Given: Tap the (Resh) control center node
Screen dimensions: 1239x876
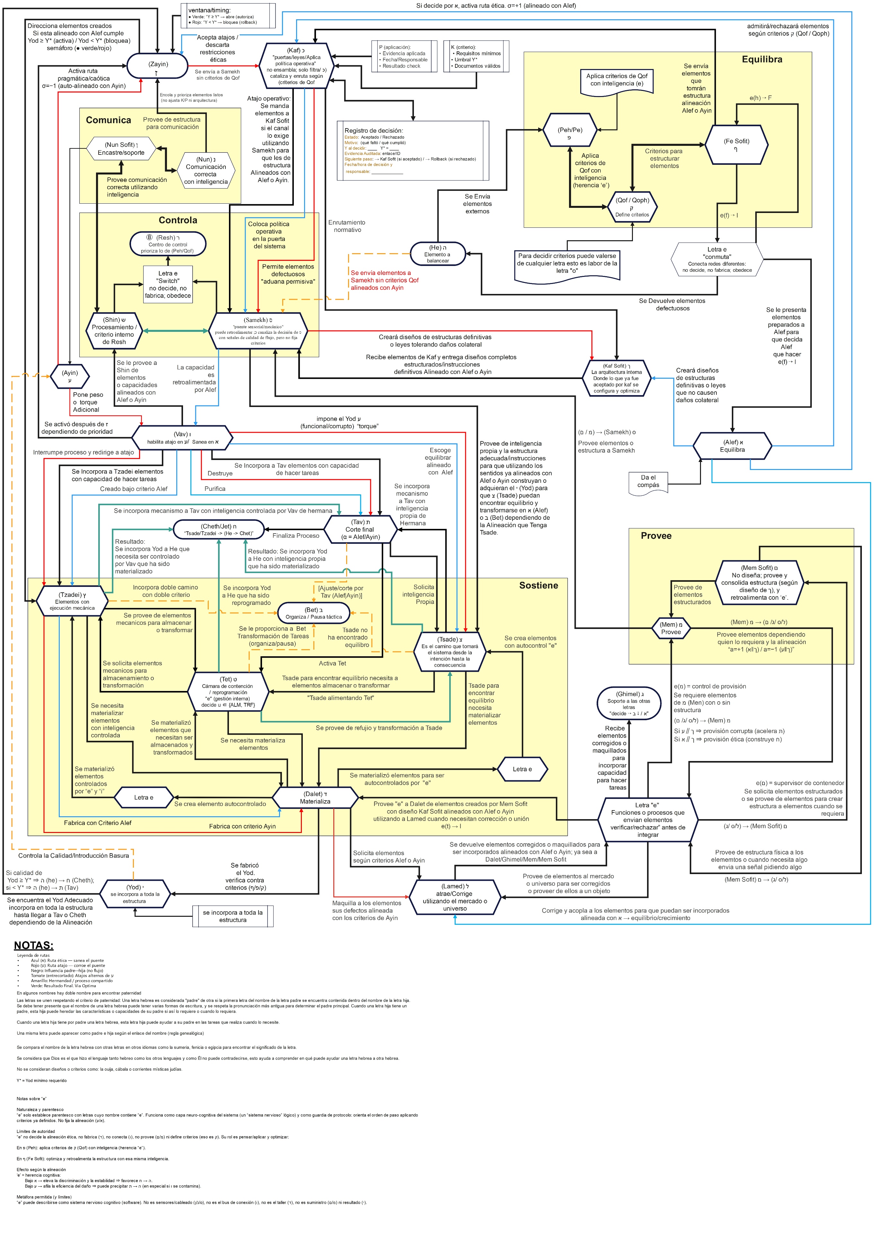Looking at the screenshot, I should [x=168, y=243].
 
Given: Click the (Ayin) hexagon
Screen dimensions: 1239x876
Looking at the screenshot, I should [x=70, y=376].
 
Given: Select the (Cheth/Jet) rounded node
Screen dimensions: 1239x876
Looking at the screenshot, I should [x=218, y=529].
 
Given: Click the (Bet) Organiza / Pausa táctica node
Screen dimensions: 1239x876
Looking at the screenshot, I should [x=313, y=613].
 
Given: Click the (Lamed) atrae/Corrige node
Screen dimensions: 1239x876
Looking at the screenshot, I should [x=455, y=897].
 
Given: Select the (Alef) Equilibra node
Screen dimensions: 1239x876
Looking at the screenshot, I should [x=732, y=446].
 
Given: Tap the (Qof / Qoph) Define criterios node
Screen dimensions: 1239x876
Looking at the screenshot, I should [x=632, y=207].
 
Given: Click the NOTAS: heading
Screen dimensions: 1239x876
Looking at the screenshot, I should [x=33, y=945].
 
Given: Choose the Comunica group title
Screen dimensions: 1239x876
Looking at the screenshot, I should [x=109, y=120].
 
